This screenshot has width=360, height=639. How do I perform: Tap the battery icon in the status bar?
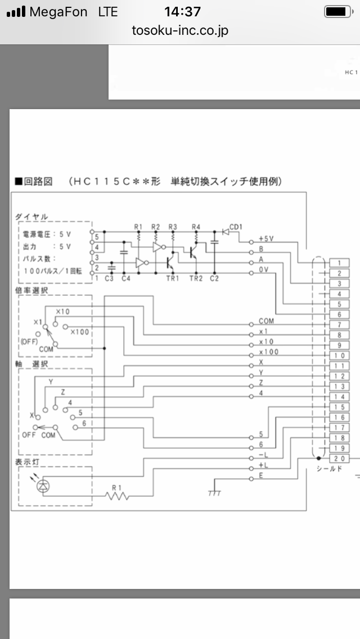tap(339, 12)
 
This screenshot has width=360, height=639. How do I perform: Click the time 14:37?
tap(183, 12)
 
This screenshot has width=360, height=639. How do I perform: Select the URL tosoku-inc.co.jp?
tap(180, 30)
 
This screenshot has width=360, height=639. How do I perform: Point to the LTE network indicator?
tap(108, 12)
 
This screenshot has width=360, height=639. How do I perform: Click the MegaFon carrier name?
tap(58, 12)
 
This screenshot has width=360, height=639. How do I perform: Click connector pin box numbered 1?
tap(339, 263)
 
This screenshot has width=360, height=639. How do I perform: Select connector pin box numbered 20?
tap(339, 458)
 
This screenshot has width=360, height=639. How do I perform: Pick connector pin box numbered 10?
tap(339, 355)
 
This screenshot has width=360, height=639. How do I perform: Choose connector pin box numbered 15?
tap(339, 407)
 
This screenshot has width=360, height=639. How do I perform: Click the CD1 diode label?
tap(236, 227)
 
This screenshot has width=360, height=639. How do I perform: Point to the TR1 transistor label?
tap(173, 279)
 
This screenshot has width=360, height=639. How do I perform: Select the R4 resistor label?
tap(196, 227)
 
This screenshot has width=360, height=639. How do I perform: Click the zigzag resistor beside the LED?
tap(117, 496)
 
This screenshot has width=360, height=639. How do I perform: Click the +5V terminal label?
tap(266, 239)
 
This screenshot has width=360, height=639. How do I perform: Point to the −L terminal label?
tap(263, 454)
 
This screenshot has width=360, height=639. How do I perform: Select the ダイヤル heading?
tap(31, 217)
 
